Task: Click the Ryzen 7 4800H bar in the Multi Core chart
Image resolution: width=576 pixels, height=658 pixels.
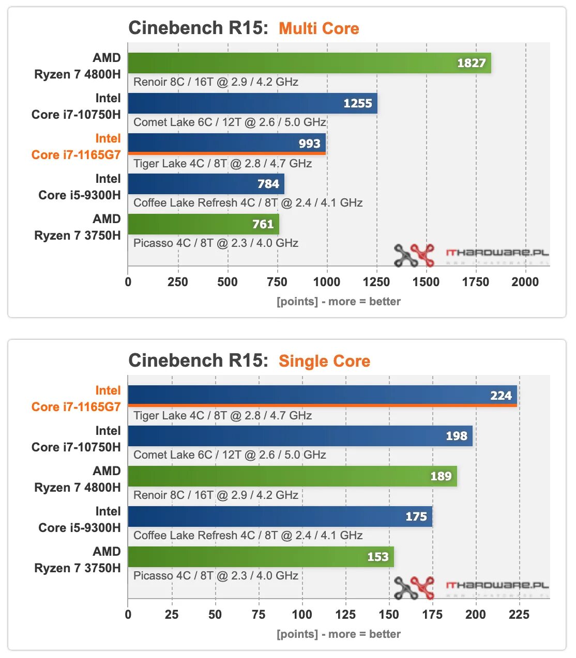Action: [309, 63]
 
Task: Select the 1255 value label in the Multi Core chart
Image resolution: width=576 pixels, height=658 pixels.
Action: [358, 103]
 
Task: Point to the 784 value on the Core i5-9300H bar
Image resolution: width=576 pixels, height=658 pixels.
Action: [268, 184]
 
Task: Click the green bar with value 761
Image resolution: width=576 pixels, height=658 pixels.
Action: [203, 224]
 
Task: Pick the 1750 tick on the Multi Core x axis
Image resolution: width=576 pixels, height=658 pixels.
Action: [475, 282]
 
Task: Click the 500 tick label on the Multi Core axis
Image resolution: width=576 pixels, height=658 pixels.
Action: [228, 282]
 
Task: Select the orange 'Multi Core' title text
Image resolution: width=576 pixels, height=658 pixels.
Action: [319, 28]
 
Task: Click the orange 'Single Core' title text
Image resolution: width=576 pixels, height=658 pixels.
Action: [324, 361]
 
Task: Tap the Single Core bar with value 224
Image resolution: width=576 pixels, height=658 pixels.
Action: [322, 396]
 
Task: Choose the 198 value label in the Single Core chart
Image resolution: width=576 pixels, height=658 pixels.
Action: [457, 436]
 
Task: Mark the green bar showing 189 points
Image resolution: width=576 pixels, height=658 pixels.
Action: [292, 476]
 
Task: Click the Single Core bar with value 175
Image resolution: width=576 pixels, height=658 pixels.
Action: [280, 516]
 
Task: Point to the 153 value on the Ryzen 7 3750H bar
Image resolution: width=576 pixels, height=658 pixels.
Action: [378, 557]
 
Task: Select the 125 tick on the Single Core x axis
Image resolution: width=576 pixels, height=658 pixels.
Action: [345, 615]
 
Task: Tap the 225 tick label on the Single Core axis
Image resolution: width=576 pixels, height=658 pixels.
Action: [519, 615]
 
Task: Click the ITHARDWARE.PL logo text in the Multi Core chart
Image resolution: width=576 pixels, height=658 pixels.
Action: [497, 253]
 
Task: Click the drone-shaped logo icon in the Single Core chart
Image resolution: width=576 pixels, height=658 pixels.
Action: [414, 587]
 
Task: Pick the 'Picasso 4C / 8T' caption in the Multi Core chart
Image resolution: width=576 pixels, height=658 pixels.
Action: [216, 243]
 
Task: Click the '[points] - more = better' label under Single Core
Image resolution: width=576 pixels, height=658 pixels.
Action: [339, 634]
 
